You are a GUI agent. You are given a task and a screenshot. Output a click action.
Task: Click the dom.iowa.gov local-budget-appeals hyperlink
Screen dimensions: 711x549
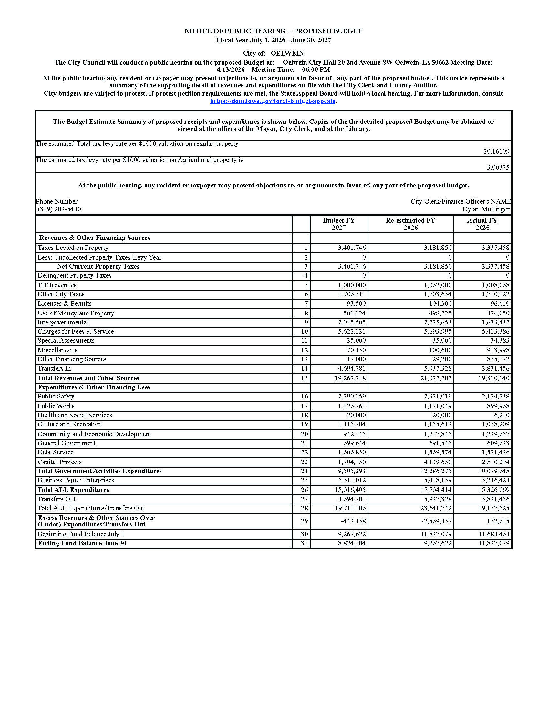click(273, 101)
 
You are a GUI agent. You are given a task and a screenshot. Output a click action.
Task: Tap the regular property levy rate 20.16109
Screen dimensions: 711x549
click(496, 151)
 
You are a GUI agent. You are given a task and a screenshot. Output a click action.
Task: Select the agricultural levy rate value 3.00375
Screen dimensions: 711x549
click(498, 168)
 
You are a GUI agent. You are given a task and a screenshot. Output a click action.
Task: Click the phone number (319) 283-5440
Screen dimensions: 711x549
click(59, 209)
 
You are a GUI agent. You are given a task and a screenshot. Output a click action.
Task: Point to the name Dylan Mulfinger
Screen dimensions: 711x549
click(486, 209)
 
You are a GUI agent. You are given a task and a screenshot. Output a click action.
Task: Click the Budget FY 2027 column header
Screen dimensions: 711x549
click(338, 224)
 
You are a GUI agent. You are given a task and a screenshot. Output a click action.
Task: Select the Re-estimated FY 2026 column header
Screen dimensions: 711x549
click(410, 224)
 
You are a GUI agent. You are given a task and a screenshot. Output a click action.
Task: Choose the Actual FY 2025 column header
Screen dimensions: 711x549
click(482, 224)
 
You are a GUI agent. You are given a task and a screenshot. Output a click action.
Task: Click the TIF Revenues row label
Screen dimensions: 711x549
click(57, 285)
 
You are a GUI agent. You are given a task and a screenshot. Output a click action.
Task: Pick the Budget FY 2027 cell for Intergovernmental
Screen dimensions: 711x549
click(352, 322)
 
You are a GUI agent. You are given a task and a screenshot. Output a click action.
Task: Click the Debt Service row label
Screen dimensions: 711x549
click(56, 452)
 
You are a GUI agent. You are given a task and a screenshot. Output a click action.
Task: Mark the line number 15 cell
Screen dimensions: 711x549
click(304, 378)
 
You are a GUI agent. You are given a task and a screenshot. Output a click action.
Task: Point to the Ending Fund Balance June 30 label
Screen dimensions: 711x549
click(82, 543)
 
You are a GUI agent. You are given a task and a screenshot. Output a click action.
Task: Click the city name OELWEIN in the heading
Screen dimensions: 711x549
click(287, 53)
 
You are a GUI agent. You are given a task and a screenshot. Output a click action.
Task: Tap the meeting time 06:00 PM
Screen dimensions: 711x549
click(316, 70)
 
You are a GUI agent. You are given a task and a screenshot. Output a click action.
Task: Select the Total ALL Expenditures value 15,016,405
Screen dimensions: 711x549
click(350, 490)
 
